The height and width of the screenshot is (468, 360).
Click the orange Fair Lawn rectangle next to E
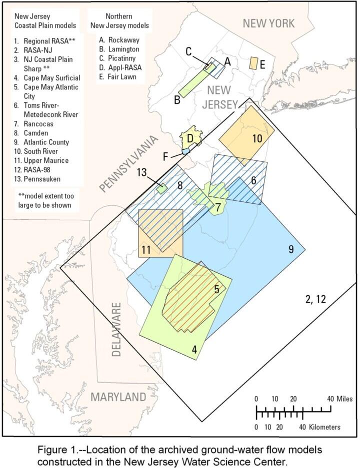pos(253,63)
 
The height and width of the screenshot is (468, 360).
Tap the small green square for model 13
pos(161,189)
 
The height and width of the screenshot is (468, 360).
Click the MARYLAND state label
pos(118,398)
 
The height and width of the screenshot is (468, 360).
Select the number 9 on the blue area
pos(290,249)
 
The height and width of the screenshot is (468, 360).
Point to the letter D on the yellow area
pos(190,138)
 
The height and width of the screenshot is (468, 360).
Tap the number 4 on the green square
pos(194,350)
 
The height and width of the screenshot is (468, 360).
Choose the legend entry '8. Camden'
pos(30,133)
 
